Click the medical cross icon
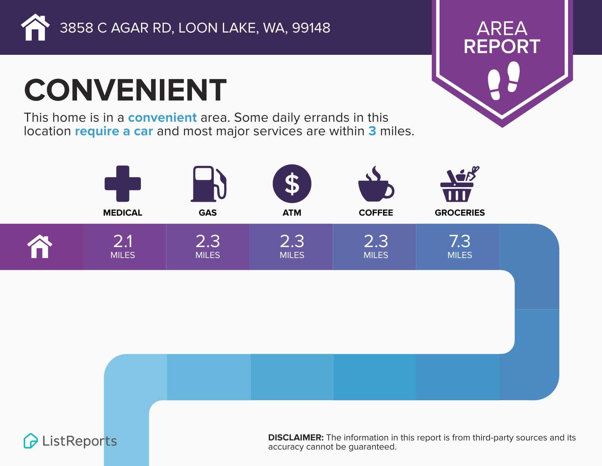[x=123, y=183]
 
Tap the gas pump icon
[x=208, y=183]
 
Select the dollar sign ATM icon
[x=292, y=183]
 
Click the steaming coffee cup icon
[x=376, y=184]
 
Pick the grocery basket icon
[x=460, y=184]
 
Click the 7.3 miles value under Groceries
[x=460, y=246]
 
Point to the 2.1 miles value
[x=123, y=246]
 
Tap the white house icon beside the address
[x=35, y=27]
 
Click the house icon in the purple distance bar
[x=40, y=246]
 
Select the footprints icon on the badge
[x=503, y=80]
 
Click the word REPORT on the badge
[x=502, y=46]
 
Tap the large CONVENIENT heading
[x=125, y=90]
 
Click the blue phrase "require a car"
[x=113, y=131]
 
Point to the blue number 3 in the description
[x=372, y=131]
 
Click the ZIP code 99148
[x=311, y=28]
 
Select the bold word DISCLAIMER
[x=296, y=438]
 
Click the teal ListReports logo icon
[x=31, y=441]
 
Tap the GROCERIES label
[x=460, y=213]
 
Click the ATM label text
[x=292, y=213]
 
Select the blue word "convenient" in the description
[x=162, y=117]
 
